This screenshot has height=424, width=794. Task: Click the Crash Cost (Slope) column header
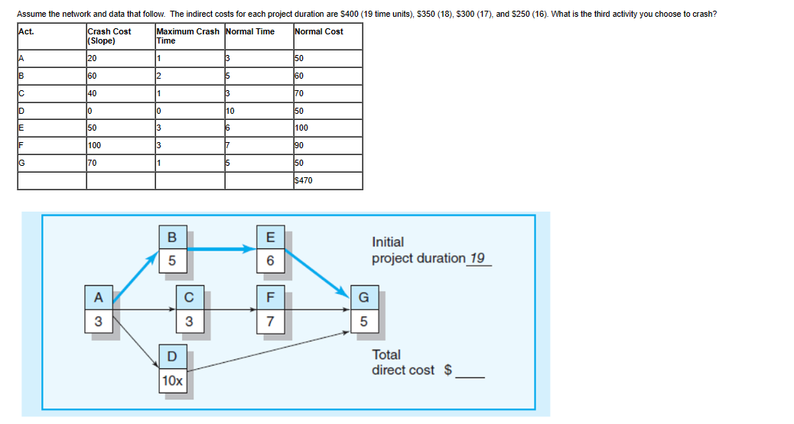109,36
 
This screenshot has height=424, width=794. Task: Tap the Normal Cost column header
318,32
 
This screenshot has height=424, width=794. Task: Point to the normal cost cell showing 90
300,144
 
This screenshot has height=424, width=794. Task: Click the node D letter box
172,355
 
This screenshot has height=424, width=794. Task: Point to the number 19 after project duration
477,258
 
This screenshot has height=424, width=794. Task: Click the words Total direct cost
402,362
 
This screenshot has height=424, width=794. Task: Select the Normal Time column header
249,32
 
